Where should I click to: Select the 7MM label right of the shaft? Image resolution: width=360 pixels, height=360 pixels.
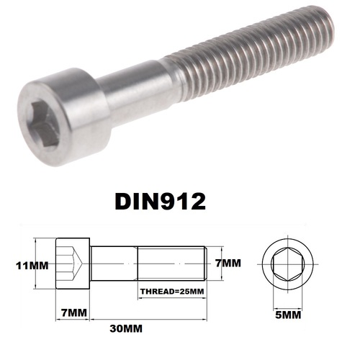(228, 264)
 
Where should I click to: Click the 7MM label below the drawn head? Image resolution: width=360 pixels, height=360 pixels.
(71, 313)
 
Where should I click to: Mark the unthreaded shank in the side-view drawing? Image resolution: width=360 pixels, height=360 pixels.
(113, 266)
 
